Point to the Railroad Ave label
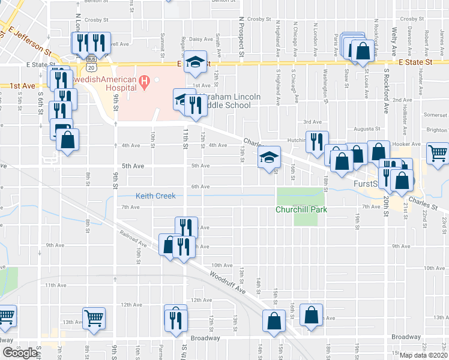[133, 239]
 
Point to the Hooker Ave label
[406, 145]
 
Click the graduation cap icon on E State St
[195, 62]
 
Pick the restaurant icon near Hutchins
[317, 141]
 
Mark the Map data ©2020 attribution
[424, 355]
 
